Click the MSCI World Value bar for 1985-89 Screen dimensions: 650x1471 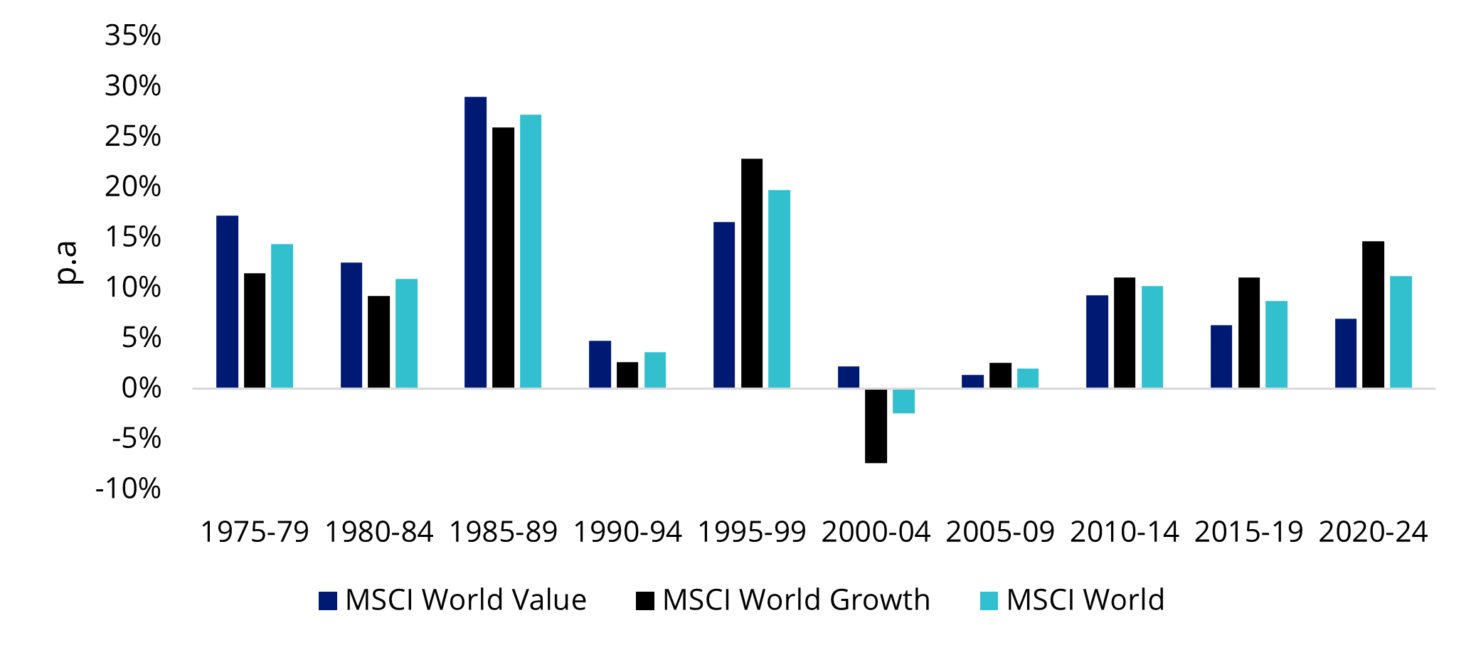[475, 242]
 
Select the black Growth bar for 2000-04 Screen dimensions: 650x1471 [876, 425]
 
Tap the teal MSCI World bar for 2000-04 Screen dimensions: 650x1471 [903, 401]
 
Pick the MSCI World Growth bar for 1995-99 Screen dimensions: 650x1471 [751, 273]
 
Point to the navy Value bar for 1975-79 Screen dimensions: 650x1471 [227, 302]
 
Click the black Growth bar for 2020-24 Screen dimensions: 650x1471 [1373, 314]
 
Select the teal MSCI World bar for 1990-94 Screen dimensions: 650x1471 [654, 370]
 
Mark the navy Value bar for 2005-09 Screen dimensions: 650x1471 [972, 381]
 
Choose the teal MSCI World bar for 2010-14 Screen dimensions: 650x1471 [1152, 337]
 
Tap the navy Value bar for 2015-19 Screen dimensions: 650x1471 [1221, 356]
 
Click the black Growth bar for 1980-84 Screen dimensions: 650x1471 [378, 341]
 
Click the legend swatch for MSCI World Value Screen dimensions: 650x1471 [327, 601]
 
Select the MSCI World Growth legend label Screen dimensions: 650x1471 [796, 600]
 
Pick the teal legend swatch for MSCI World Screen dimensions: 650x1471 [989, 601]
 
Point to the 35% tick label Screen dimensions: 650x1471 [133, 36]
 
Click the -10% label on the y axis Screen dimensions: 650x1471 [128, 489]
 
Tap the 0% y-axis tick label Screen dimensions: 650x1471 [141, 388]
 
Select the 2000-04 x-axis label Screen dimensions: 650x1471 [876, 532]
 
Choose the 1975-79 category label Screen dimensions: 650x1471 [255, 532]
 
